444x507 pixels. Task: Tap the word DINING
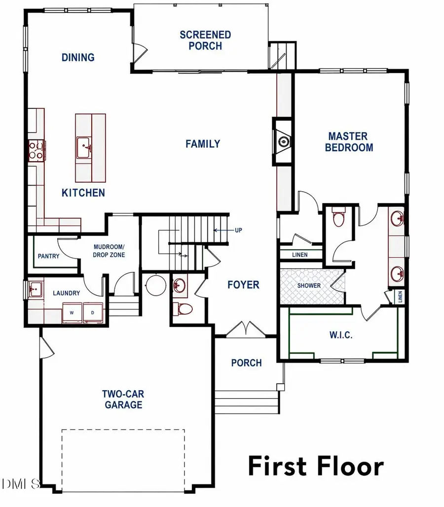click(x=78, y=58)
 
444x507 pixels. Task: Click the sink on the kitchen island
click(x=83, y=147)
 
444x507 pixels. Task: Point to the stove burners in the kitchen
click(x=36, y=150)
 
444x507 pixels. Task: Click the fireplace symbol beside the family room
click(x=283, y=142)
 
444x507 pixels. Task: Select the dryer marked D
click(x=92, y=312)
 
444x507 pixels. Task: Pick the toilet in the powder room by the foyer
click(x=185, y=309)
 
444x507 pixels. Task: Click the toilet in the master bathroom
click(x=338, y=219)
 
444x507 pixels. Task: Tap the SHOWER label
click(x=309, y=286)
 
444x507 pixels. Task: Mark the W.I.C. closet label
click(x=340, y=335)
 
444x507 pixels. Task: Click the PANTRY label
click(x=48, y=256)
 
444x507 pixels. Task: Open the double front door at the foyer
click(x=245, y=329)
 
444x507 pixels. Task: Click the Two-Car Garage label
click(x=123, y=399)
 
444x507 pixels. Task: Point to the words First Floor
click(x=315, y=466)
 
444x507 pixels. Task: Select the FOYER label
click(x=243, y=285)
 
